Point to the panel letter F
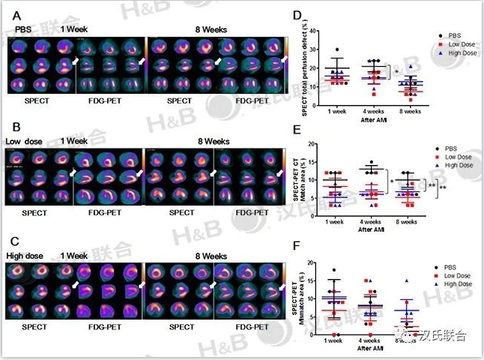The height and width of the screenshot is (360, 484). coord(297,244)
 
